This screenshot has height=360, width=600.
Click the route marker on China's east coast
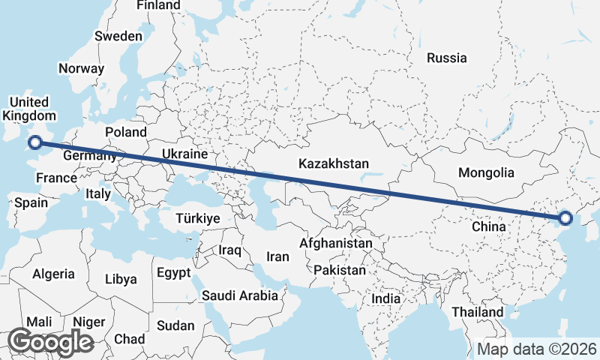point(565,218)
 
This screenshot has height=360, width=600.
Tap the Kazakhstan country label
point(334,163)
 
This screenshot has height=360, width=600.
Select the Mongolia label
point(486,172)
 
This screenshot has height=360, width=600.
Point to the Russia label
point(446,58)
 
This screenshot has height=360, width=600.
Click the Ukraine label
point(184,154)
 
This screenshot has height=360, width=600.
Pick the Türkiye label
point(197,219)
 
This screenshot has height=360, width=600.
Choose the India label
point(386,298)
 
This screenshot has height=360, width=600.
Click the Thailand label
point(478,312)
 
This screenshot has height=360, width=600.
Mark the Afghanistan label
point(336,244)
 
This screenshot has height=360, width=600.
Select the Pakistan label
point(340,270)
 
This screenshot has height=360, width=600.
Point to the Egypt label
point(174,273)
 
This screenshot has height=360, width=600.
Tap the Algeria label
point(53,274)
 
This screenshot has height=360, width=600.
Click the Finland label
point(158,5)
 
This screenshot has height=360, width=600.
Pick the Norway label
point(81,68)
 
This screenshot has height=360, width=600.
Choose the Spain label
point(31,202)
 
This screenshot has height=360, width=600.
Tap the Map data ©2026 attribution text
point(536,349)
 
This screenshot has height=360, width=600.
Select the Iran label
point(277,256)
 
